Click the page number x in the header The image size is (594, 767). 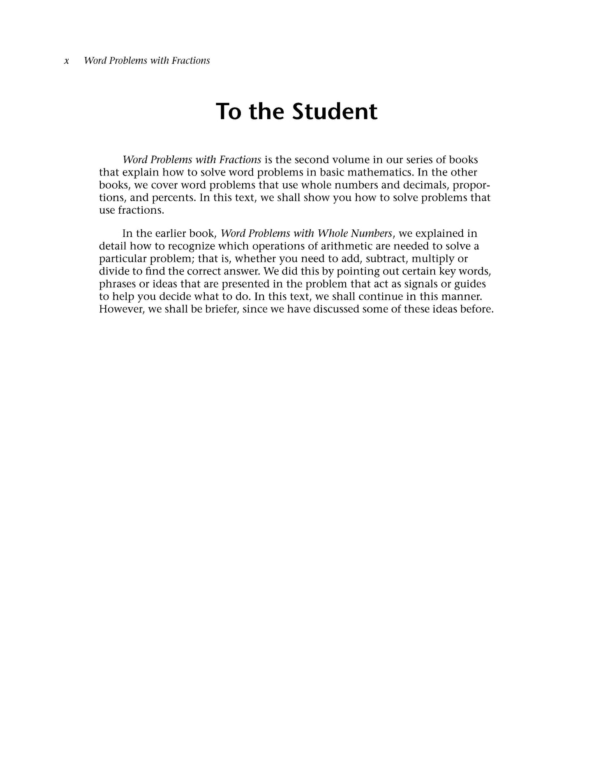click(67, 61)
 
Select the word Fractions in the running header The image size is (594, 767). click(191, 61)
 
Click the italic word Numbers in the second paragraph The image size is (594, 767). click(372, 233)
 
